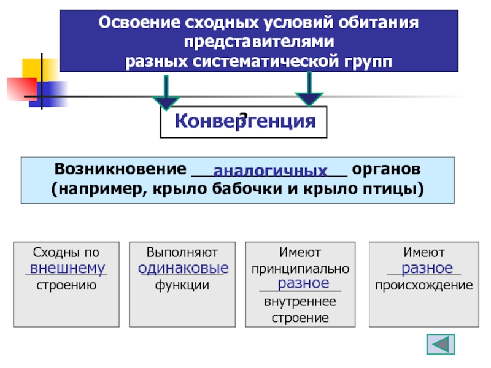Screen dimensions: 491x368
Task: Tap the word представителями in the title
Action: pos(258,44)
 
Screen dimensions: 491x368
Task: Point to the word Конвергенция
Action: pos(244,121)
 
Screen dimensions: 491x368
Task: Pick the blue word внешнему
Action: pos(68,268)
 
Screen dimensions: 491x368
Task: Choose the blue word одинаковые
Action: pos(184,268)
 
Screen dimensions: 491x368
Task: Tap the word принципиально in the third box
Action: pos(301,268)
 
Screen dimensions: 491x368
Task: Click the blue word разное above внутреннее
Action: pos(300,283)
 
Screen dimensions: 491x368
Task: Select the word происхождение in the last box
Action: pos(423,285)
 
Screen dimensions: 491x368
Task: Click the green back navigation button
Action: pos(440,344)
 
